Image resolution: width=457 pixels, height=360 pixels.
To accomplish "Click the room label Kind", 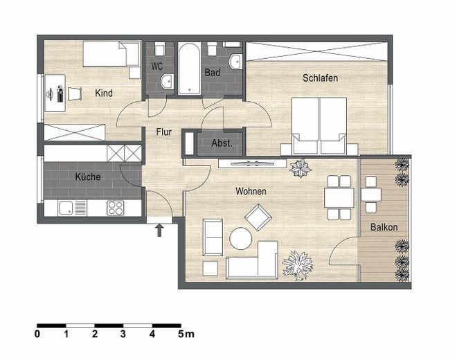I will [x=104, y=93].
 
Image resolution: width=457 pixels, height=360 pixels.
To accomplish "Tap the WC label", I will [x=156, y=67].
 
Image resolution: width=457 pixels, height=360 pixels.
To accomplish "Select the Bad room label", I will [x=212, y=72].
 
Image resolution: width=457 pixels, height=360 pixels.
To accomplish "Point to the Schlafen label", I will [x=320, y=78].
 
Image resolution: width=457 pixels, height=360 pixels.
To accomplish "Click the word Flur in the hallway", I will [x=163, y=131].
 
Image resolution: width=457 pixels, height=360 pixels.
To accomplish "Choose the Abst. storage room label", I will [x=222, y=144].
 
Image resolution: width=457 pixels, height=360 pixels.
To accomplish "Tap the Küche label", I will [x=87, y=177].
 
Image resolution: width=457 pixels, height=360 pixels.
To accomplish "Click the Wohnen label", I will [x=251, y=191].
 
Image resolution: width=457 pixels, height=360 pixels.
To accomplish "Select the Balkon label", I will [x=384, y=226].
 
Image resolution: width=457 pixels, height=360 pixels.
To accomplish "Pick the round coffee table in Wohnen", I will [x=241, y=239].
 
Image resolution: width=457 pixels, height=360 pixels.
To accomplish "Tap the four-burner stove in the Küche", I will [x=115, y=207].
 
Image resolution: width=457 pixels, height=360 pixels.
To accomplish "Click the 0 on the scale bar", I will [x=37, y=334].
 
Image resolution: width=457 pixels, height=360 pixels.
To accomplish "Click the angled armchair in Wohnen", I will [x=258, y=218].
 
